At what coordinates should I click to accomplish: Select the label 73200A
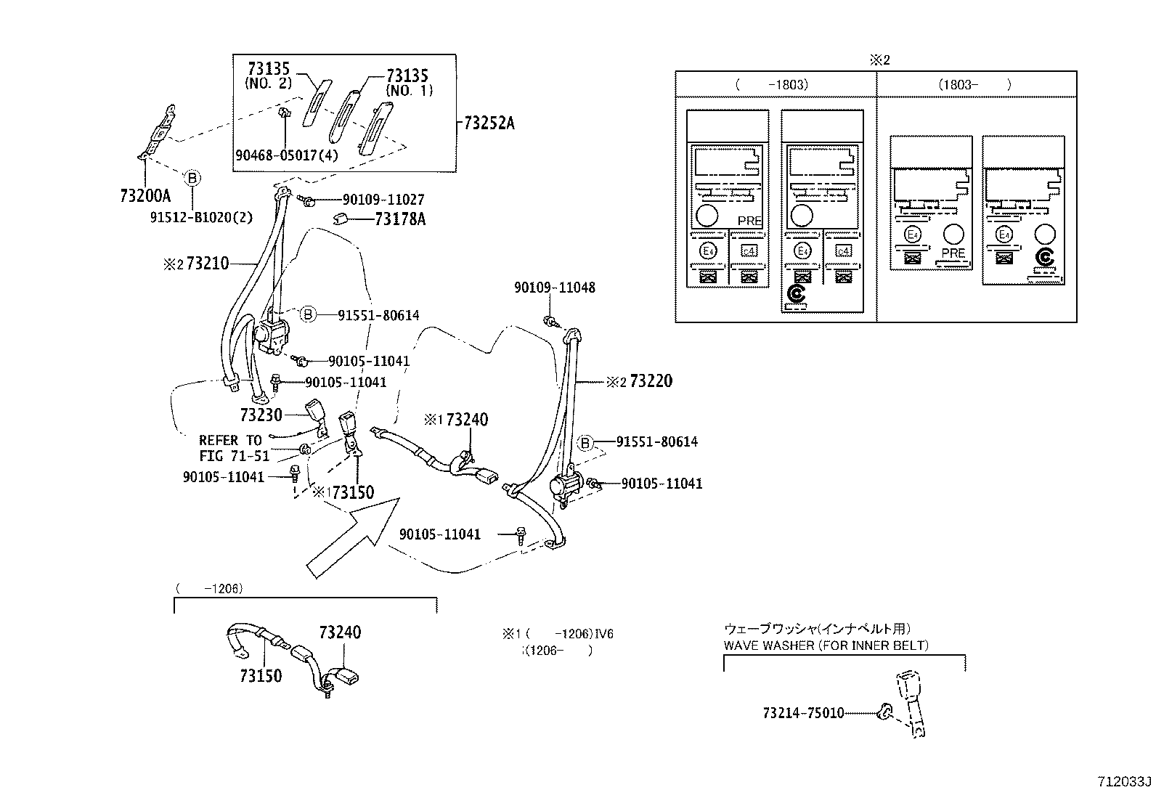click(145, 195)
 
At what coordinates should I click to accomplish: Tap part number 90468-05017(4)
click(287, 154)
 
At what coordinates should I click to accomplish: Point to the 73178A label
click(400, 219)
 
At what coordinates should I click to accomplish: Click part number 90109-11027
click(383, 200)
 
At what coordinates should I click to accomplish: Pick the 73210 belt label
click(207, 264)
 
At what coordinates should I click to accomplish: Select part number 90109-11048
click(555, 288)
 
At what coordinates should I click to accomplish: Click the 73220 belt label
click(651, 380)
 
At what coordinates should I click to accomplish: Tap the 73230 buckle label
click(261, 414)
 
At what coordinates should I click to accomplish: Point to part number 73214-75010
click(803, 713)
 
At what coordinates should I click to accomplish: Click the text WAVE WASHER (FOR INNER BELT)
click(826, 645)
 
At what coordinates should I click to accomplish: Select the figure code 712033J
click(1124, 781)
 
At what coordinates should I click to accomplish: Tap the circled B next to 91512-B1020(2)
click(192, 178)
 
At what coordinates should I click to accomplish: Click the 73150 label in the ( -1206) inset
click(261, 675)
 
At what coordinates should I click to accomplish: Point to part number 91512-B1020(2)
click(197, 216)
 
